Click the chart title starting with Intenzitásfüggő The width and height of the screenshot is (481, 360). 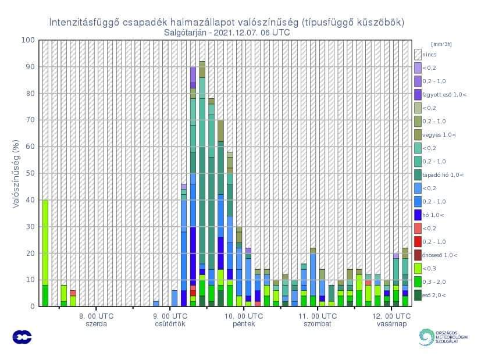point(226,23)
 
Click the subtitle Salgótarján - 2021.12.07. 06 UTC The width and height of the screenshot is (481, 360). point(227,33)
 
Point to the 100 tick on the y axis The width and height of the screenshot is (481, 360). point(28,40)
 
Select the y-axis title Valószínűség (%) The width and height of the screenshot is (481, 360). point(17,173)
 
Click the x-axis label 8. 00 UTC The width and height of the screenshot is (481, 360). point(97,316)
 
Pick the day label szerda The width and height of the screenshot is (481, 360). point(97,324)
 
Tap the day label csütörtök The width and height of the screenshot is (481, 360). point(170,324)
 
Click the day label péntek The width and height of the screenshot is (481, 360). point(244,324)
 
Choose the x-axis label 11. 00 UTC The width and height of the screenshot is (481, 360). point(318,316)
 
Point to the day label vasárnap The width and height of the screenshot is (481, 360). point(391,324)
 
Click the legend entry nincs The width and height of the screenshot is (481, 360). point(430,54)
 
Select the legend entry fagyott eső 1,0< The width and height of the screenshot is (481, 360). point(444,94)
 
